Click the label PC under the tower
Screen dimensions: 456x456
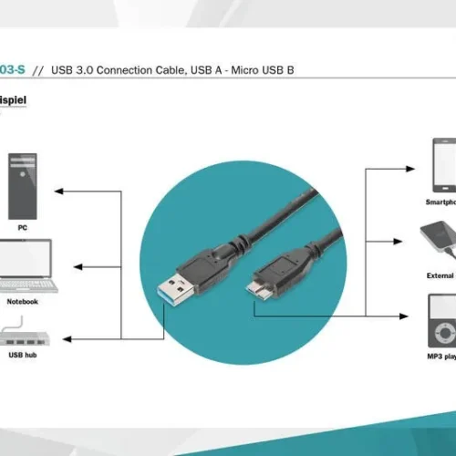click(22, 226)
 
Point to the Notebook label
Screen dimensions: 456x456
click(22, 301)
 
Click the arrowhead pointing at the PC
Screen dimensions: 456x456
click(58, 192)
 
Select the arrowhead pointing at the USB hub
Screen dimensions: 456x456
click(69, 338)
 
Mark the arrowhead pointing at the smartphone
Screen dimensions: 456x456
click(414, 168)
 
